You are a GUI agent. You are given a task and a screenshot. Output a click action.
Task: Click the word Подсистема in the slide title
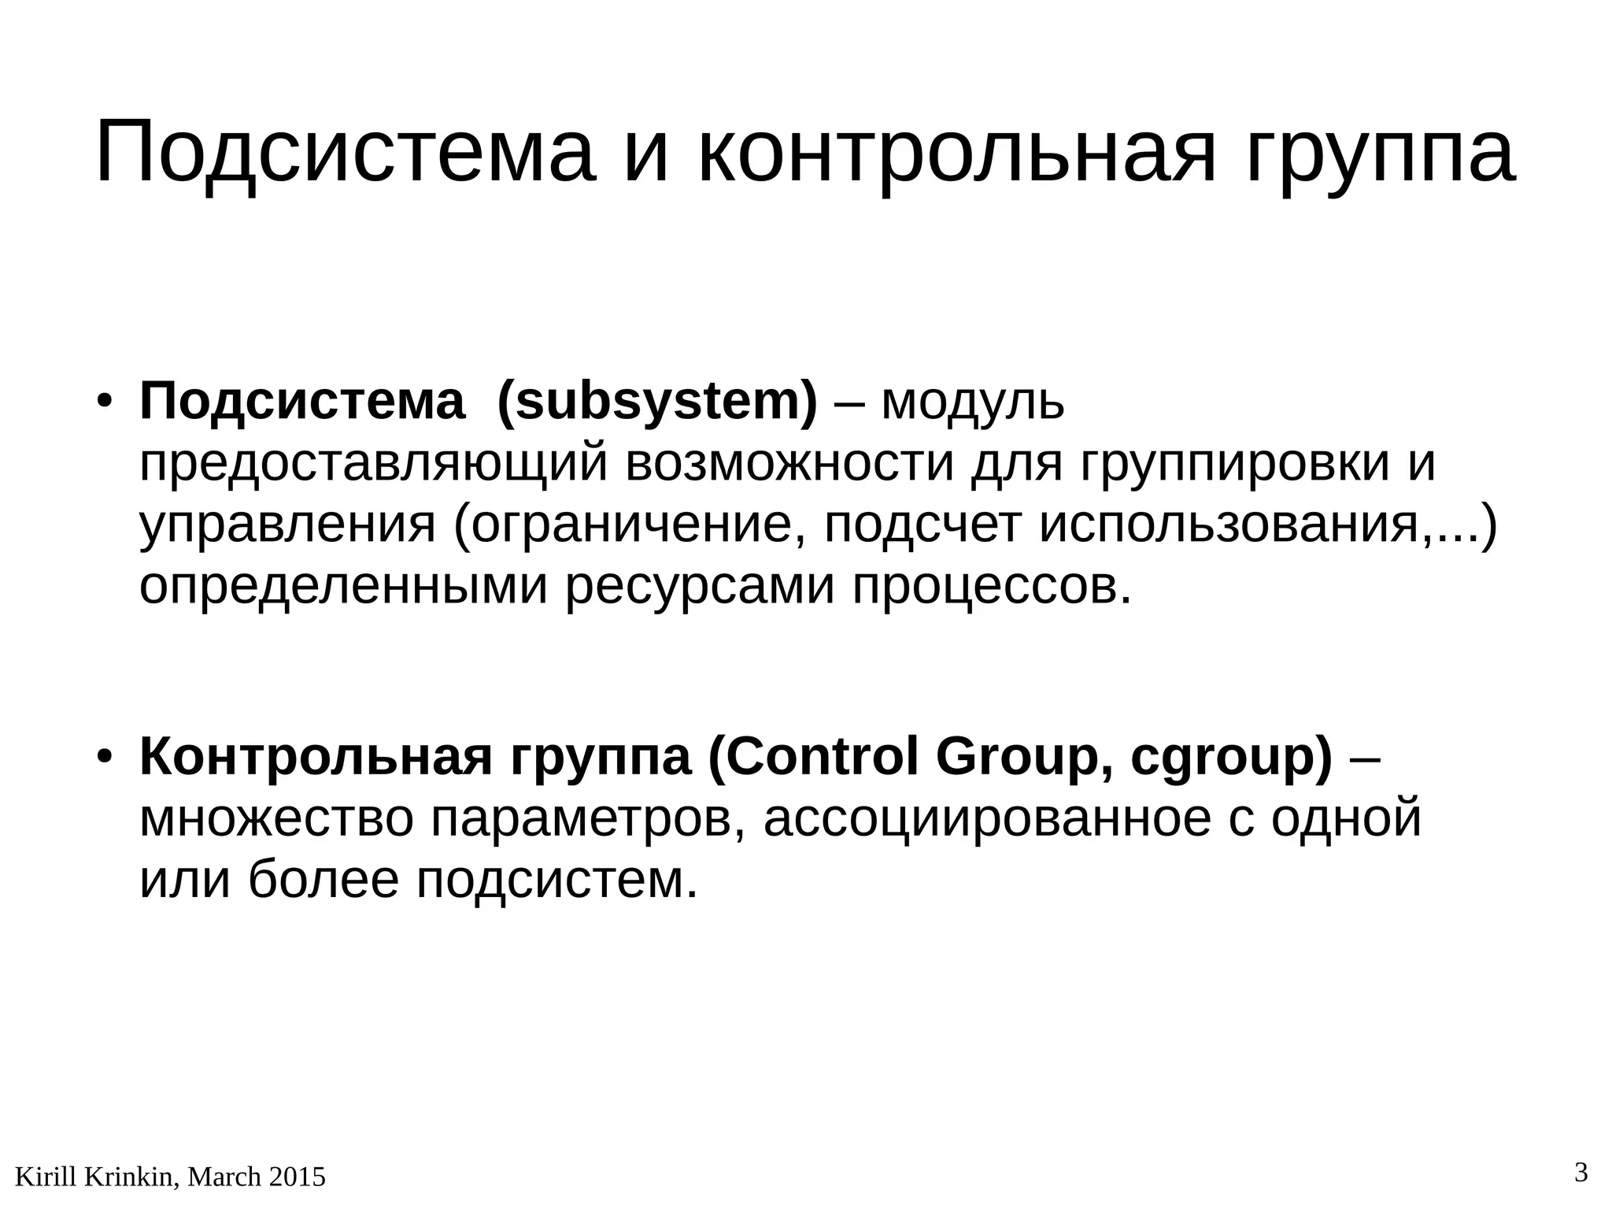pos(342,151)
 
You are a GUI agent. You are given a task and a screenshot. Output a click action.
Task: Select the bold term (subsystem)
pos(657,402)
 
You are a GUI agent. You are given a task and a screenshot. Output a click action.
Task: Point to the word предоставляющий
pos(374,465)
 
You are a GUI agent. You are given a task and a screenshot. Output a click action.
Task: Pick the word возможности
pos(789,463)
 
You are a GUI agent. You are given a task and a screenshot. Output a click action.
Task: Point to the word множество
pos(275,818)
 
